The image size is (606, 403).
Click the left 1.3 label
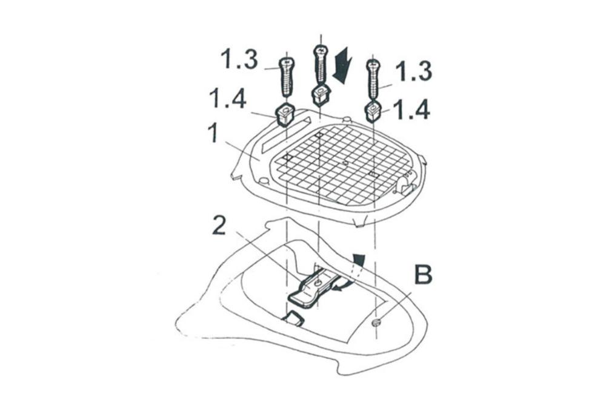[x=239, y=59]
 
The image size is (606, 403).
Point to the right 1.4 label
[x=411, y=110]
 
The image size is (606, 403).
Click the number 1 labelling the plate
[x=213, y=134]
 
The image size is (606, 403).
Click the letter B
[x=423, y=275]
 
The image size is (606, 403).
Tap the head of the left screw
[x=287, y=62]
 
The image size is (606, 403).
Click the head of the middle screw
[x=321, y=51]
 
